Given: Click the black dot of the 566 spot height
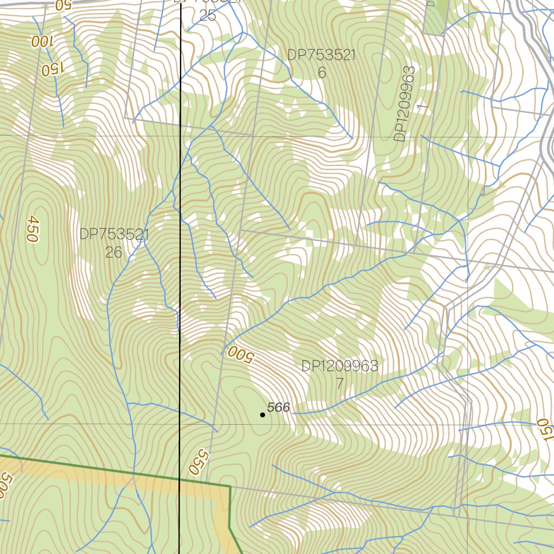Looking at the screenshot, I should click(x=262, y=415).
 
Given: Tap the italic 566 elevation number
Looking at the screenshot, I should click(x=279, y=407).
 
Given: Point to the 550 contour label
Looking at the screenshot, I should click(x=199, y=462).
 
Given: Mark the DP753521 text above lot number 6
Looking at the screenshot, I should click(x=321, y=55).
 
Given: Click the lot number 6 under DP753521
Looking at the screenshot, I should click(x=322, y=73).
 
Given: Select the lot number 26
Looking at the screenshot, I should click(x=114, y=253).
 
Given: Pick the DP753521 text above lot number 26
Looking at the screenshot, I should click(x=114, y=235).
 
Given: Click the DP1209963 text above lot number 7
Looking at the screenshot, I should click(x=340, y=366).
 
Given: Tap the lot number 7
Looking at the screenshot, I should click(x=340, y=384).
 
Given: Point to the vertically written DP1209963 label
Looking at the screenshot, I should click(x=405, y=104).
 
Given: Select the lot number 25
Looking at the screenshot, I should click(x=208, y=16).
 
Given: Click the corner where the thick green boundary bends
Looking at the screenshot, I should click(x=230, y=486).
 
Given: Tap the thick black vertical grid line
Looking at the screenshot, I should click(x=180, y=271).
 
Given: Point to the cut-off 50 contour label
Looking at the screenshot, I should click(x=63, y=5).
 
